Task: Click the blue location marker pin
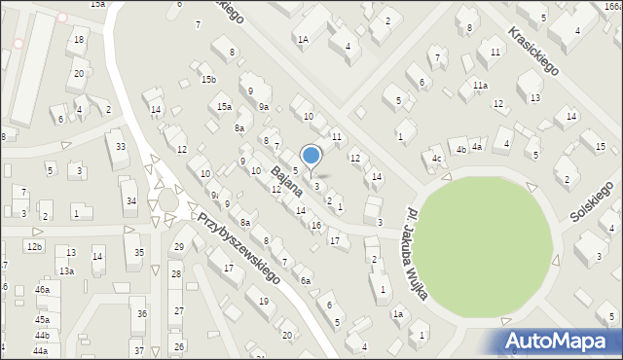point(311,156)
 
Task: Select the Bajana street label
point(286,183)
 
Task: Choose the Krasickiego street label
point(531,52)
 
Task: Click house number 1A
point(303,40)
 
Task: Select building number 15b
point(208,79)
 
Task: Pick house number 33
point(121,147)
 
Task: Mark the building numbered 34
point(130,201)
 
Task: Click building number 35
point(140,253)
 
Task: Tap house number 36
point(141,313)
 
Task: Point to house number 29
point(178,247)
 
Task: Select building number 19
point(264,302)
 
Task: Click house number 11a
point(480,86)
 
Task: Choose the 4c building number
point(438,158)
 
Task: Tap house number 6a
point(305,280)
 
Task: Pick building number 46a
point(42,290)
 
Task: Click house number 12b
point(35,247)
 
